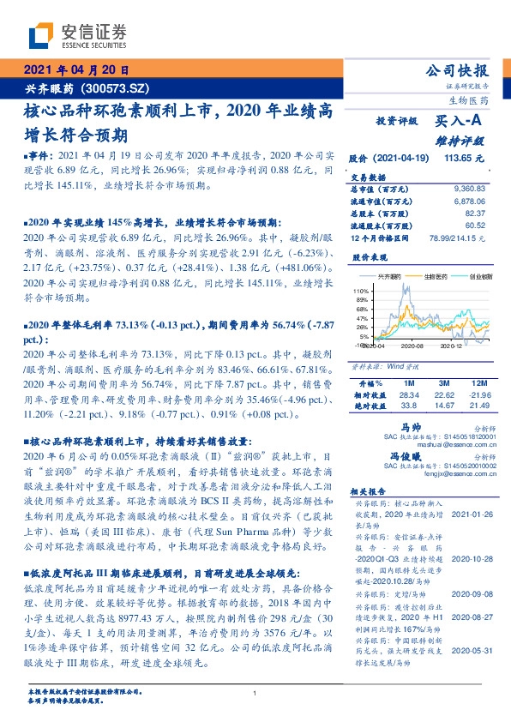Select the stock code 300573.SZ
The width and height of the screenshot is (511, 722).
point(117,87)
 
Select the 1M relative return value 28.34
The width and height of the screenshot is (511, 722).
point(410,394)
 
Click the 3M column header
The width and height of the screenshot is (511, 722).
point(443,382)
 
